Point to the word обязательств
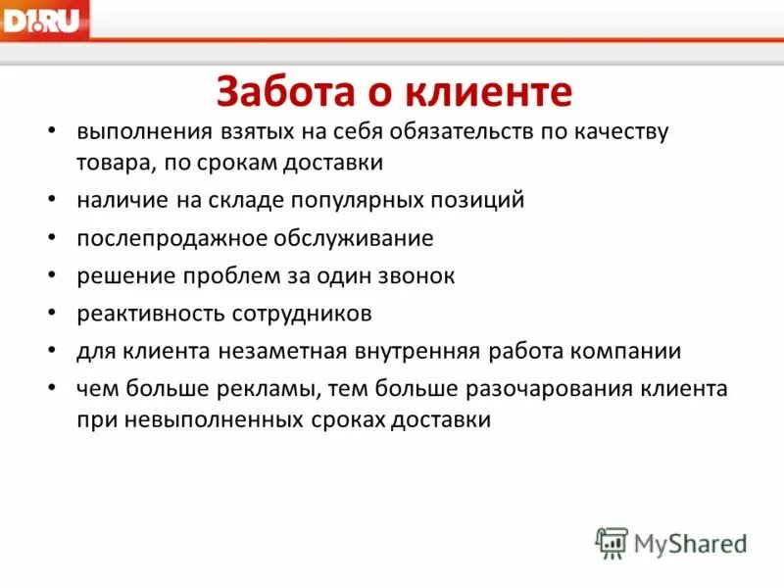click(x=460, y=131)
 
